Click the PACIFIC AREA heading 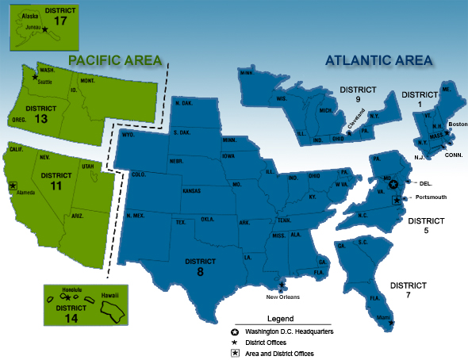(x=114, y=60)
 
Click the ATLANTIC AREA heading (x=378, y=60)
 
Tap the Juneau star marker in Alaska (x=44, y=29)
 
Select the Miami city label (x=385, y=316)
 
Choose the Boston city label (x=458, y=124)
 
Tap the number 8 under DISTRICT (x=200, y=272)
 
